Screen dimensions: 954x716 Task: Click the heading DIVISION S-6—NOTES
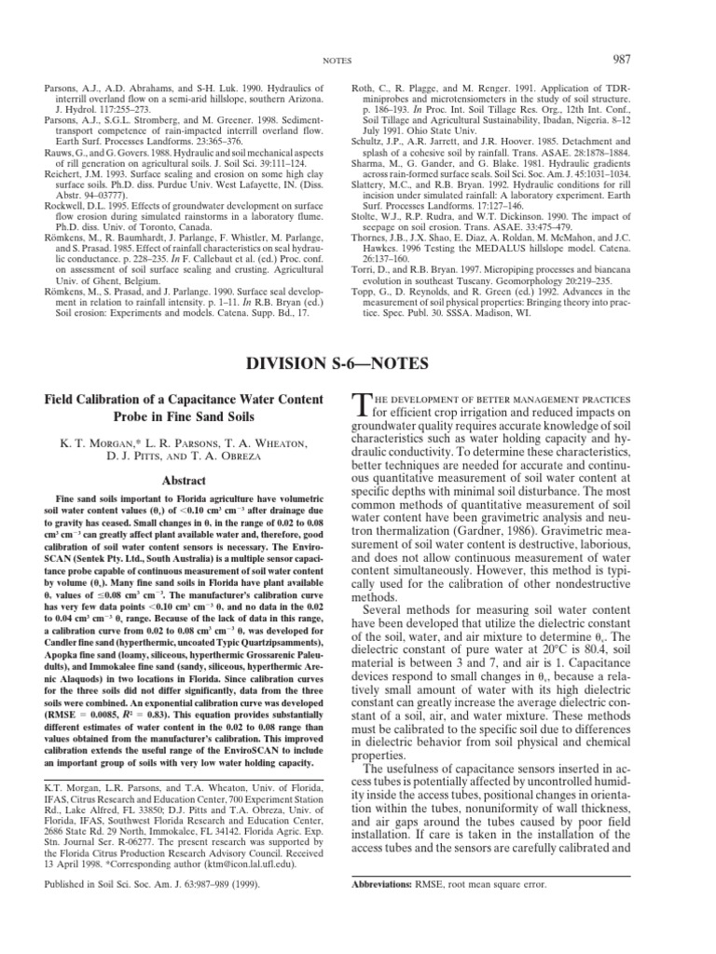pos(357,334)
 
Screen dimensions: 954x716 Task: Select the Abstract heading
pos(179,481)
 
